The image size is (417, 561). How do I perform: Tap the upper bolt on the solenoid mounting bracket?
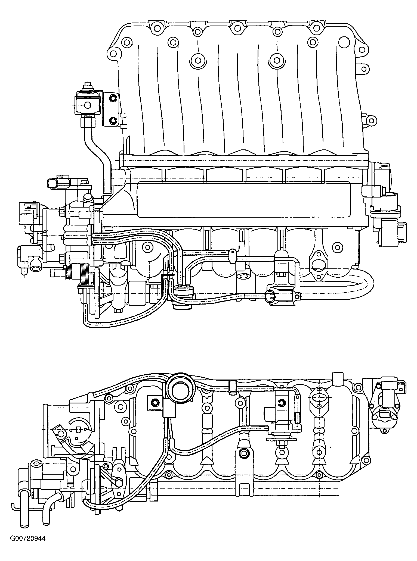113,99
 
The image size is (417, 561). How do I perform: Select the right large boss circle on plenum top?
276,59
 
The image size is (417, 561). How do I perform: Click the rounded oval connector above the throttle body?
54,184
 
